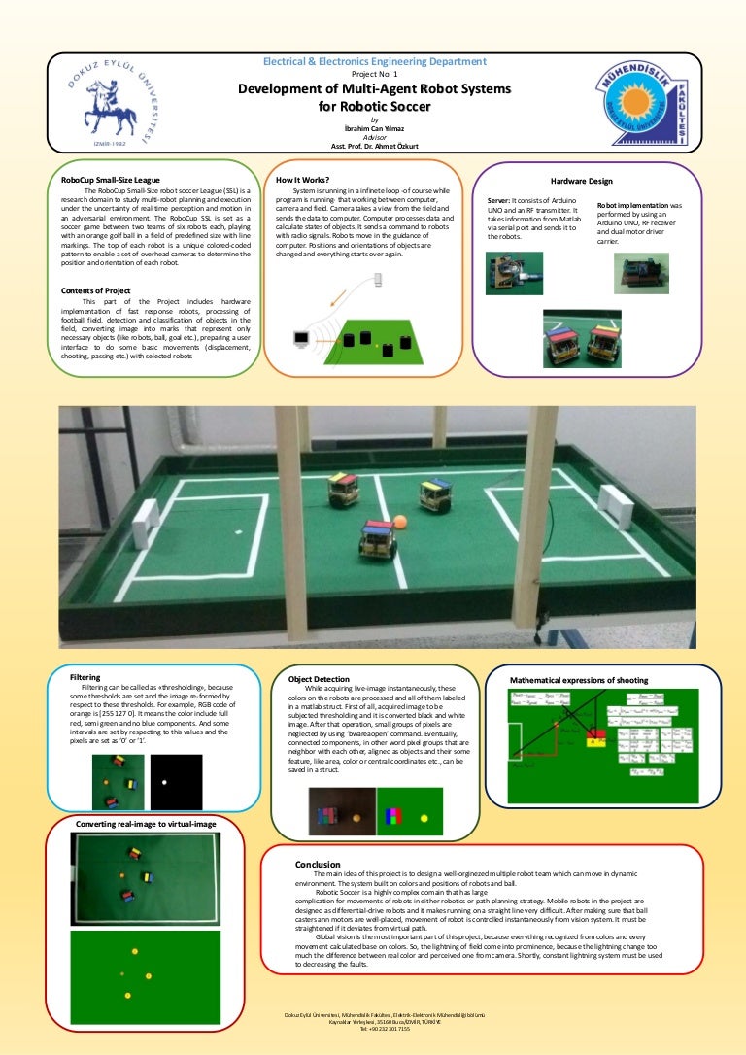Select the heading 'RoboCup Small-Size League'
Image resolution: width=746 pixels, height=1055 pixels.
(x=118, y=180)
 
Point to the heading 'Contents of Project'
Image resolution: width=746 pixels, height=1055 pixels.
(x=95, y=290)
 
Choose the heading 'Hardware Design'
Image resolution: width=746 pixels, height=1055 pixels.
(x=581, y=181)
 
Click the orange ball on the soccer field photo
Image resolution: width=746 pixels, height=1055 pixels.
(x=399, y=523)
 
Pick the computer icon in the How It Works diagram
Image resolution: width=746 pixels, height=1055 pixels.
(x=301, y=339)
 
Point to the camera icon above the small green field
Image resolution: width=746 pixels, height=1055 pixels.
(x=377, y=279)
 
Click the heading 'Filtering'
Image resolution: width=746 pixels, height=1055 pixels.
(x=85, y=677)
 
